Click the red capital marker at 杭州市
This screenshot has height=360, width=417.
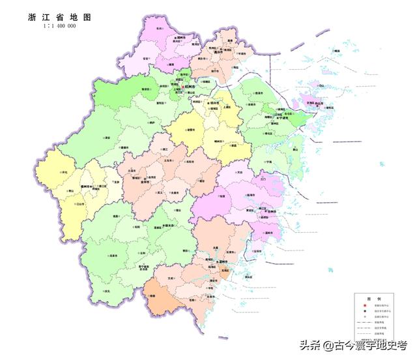[x=183, y=86]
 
